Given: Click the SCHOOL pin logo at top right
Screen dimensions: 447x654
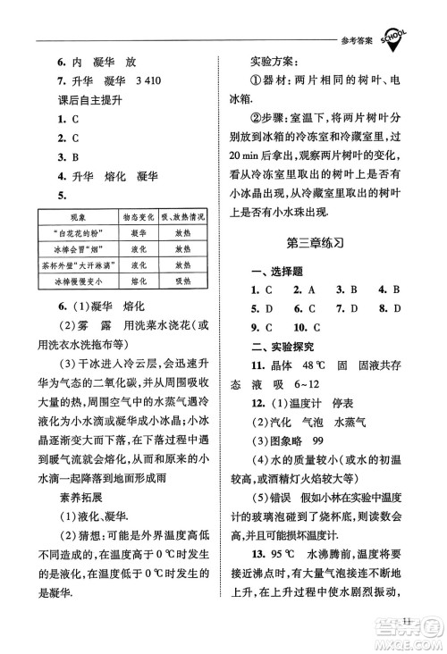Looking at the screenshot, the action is pyautogui.click(x=399, y=35).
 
